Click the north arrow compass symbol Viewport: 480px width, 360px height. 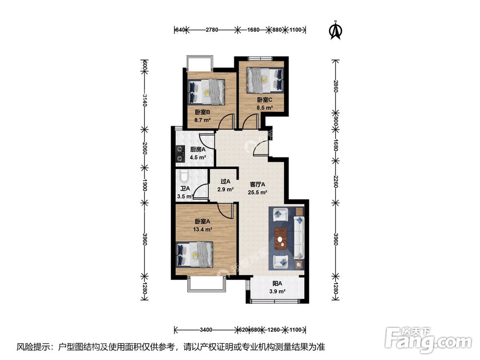(335, 30)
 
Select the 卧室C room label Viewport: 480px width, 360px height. (264, 100)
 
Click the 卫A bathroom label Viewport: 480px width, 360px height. (185, 188)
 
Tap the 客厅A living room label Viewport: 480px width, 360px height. (258, 184)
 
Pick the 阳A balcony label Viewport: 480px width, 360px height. (277, 283)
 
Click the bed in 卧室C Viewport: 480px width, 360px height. (264, 79)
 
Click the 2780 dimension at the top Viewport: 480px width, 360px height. (212, 30)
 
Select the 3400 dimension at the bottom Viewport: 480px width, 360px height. (206, 330)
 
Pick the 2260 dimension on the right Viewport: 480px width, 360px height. (336, 183)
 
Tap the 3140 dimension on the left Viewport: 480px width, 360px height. (144, 101)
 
